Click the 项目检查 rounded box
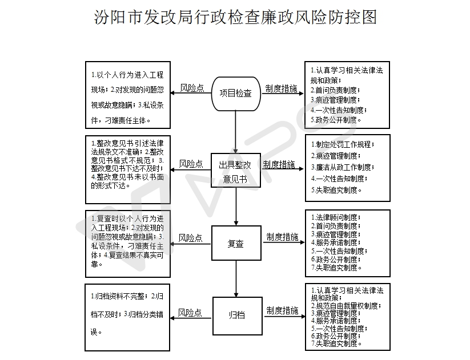pos(236,94)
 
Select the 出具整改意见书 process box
pos(236,171)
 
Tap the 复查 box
pos(236,243)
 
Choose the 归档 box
pos(238,316)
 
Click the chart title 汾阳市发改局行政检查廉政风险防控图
pos(235,17)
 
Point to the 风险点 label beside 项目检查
pos(192,88)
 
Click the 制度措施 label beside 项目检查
pos(281,88)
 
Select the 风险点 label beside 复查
pos(190,238)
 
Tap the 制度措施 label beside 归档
pos(282,310)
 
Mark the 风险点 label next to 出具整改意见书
pos(191,164)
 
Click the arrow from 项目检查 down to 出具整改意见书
pos(236,132)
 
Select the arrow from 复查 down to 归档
pos(236,278)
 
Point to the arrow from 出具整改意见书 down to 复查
pos(236,207)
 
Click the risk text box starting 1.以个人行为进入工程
pos(128,95)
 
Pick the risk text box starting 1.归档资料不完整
pos(127,317)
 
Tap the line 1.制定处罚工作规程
pos(343,144)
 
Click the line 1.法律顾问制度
pos(336,217)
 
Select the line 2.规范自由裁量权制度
pos(346,306)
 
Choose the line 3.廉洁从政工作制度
pos(343,167)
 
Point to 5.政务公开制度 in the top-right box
pos(336,120)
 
